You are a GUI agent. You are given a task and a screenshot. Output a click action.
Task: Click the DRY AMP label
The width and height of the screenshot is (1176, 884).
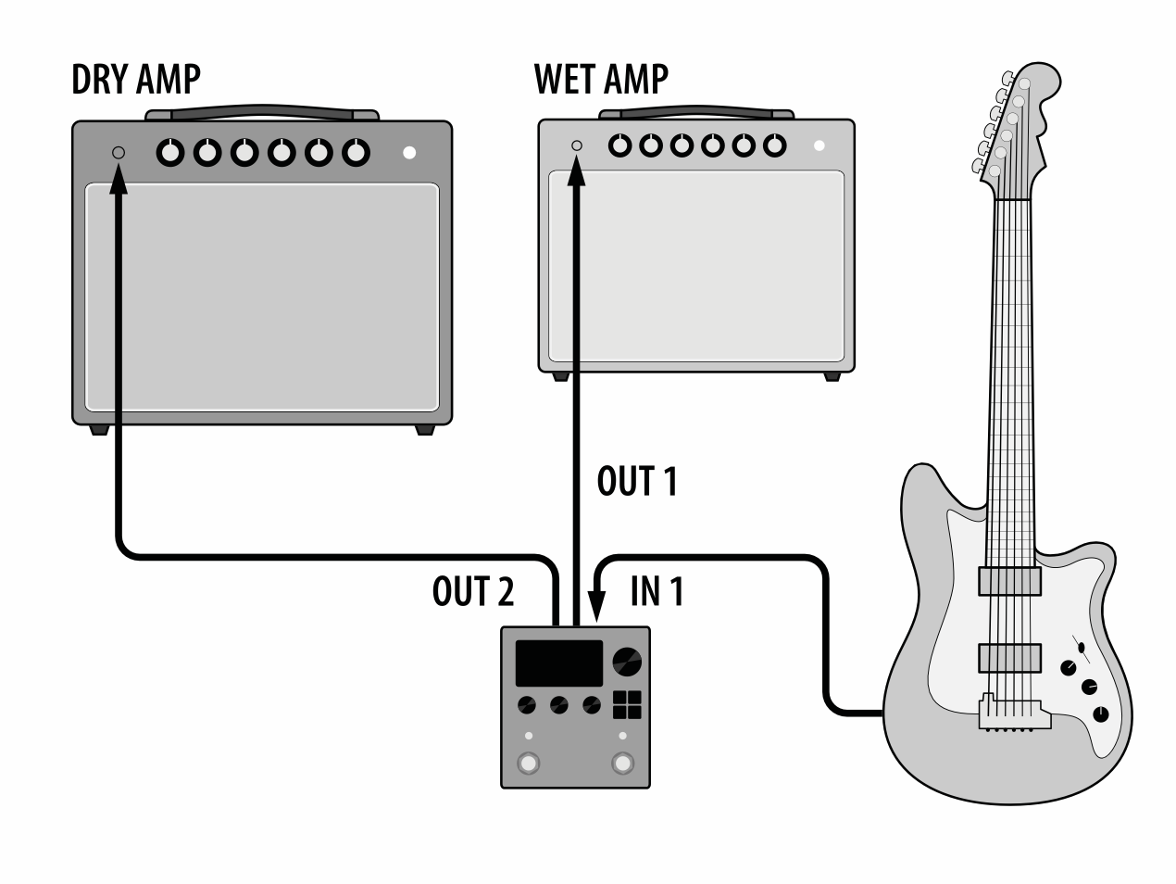tap(136, 80)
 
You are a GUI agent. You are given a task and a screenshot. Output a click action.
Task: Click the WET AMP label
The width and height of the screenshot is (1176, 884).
tap(601, 80)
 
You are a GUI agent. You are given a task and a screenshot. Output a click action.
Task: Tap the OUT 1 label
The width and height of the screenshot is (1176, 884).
tap(637, 481)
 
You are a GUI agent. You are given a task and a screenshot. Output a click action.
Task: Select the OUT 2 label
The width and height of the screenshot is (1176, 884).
tap(473, 591)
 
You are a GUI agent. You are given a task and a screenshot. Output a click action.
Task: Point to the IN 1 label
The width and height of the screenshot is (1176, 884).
tap(657, 591)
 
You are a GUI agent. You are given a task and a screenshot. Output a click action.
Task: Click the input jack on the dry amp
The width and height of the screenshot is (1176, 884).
tap(119, 153)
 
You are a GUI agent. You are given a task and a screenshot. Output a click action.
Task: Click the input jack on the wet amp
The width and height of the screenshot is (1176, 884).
tap(577, 145)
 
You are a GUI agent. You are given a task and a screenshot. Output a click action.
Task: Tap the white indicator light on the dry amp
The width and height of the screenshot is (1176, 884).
tap(409, 153)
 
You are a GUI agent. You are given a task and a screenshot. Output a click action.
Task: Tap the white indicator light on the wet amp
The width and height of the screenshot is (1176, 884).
tap(819, 145)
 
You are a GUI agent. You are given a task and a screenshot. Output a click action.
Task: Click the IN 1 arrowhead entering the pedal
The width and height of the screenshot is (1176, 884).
tap(596, 606)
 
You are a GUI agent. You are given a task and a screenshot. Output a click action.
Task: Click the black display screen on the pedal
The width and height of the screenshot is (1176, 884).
tap(558, 663)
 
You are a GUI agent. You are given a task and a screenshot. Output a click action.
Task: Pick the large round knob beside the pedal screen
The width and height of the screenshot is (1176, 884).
tap(627, 662)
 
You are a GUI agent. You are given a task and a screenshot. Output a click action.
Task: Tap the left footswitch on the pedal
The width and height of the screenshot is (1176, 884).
tap(529, 764)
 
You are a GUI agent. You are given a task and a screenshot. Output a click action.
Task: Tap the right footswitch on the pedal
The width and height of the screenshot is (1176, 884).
tap(622, 764)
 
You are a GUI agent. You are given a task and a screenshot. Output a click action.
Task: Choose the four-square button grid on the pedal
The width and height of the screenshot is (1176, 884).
tap(627, 704)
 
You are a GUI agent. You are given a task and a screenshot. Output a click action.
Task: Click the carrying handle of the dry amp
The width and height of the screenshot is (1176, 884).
tap(263, 112)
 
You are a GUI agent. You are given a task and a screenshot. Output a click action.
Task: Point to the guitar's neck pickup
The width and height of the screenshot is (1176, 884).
tap(1010, 581)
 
